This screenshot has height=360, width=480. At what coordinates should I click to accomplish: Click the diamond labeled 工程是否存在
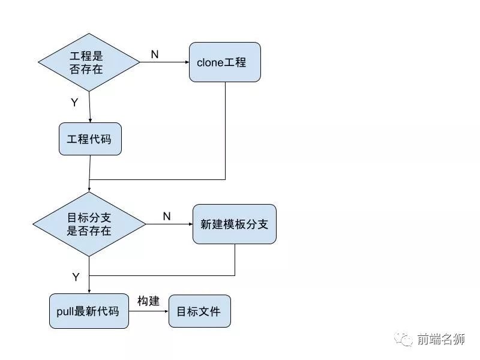pos(89,62)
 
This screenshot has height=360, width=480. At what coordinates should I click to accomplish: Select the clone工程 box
pos(225,62)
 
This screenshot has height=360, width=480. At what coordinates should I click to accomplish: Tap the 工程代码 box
pos(90,139)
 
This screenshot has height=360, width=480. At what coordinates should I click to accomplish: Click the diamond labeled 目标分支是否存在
pos(89,224)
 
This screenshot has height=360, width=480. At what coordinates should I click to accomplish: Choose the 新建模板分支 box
pos(234,224)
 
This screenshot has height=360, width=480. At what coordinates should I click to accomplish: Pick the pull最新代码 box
pos(89,311)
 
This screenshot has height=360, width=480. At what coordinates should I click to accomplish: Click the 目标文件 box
pos(199,311)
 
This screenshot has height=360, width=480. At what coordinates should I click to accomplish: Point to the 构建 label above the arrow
pos(148,301)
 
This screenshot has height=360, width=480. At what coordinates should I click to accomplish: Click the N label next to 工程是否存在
pos(154,55)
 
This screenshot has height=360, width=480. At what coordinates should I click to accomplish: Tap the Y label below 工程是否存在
pos(74,103)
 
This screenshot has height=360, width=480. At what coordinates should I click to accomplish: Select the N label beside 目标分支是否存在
pos(166,216)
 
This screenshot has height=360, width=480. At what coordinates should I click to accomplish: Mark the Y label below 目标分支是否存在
pos(76,277)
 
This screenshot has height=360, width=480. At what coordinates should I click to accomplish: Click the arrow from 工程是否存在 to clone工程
pos(164,62)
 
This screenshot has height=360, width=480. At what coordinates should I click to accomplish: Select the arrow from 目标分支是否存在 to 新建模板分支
pos(169,224)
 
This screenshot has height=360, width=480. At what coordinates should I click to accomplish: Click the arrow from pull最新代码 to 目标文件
pos(148,311)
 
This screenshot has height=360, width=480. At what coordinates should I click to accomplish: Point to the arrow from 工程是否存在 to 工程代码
pos(89,107)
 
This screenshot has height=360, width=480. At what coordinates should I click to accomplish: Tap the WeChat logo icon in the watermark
pos(407,340)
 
